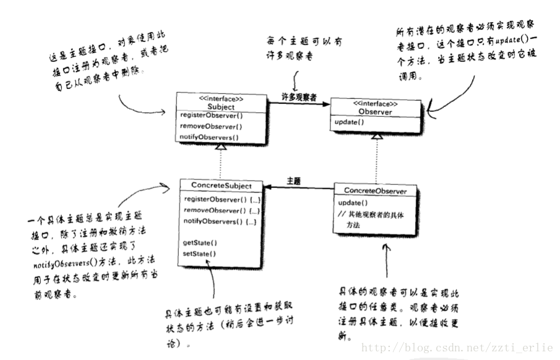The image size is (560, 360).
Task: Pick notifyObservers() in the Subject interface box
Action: pos(210,137)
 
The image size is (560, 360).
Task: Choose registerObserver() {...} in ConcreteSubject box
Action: pos(220,199)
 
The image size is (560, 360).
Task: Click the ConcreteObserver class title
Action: pos(375,191)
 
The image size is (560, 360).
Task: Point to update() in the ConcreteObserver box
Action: pos(353,203)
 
